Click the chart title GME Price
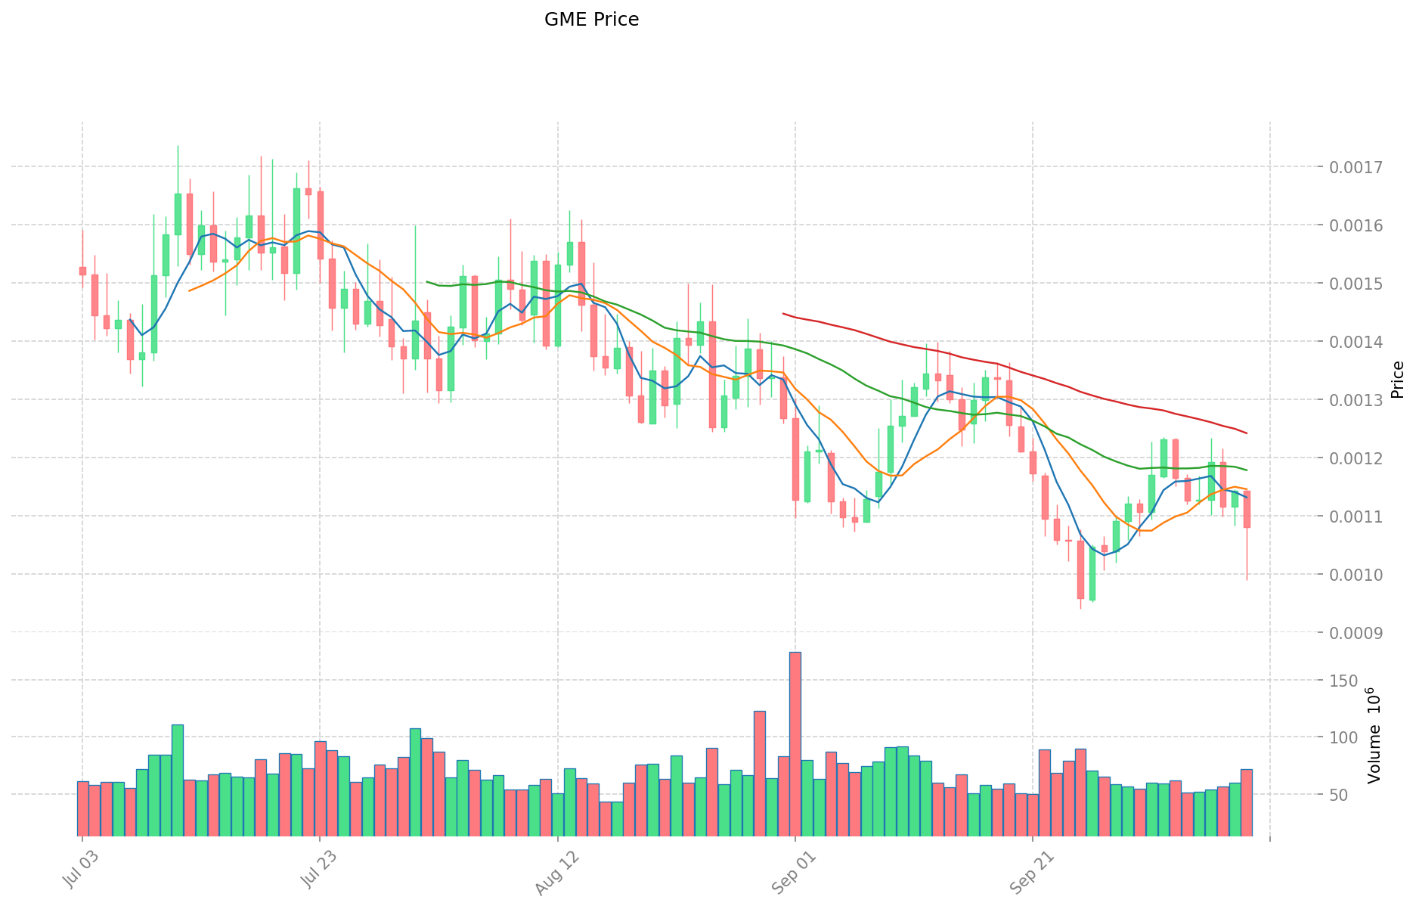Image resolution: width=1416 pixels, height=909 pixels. coord(591,20)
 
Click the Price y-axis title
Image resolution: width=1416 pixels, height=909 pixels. coord(1397,380)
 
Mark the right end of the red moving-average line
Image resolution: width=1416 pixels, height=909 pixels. coord(1247,433)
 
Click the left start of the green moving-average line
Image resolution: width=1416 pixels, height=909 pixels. coord(427,281)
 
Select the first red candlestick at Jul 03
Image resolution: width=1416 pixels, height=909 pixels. coord(82,271)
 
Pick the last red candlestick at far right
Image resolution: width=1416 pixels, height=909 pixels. coord(1247,509)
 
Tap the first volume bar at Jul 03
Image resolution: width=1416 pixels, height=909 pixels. coord(82,808)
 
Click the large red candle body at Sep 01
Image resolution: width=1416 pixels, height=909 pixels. coord(795,459)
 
